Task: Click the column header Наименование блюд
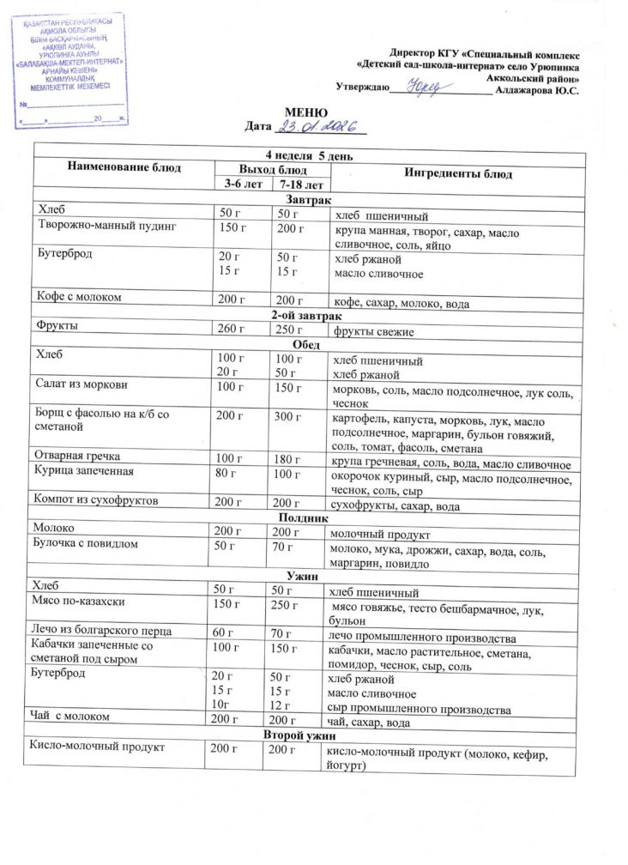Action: tap(124, 167)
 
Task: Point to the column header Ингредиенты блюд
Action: tap(458, 174)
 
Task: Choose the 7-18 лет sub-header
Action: tap(299, 184)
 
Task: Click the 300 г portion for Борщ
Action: tap(283, 416)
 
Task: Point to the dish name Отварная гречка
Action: tap(76, 455)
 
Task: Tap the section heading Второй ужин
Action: tap(307, 736)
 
